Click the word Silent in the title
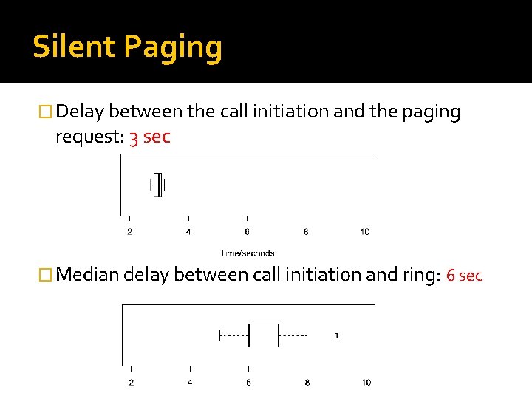point(74,47)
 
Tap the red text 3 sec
point(150,137)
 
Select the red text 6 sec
point(464,276)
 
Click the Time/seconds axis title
point(247,253)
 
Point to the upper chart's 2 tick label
point(130,232)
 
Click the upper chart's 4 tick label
point(188,232)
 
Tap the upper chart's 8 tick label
point(306,232)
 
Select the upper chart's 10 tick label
point(364,232)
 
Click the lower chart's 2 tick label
point(131,382)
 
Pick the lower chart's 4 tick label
point(190,382)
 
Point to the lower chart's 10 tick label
point(366,382)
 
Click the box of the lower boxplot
point(263,335)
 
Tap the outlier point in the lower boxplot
point(336,335)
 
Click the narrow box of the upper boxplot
point(157,185)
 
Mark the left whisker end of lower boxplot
point(220,335)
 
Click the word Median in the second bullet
point(88,275)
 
